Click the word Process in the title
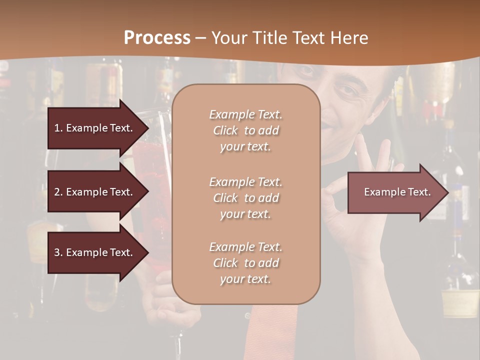[x=157, y=38]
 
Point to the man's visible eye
[x=346, y=90]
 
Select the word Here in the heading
[x=349, y=38]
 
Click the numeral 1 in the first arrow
[x=57, y=128]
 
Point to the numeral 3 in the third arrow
[x=57, y=252]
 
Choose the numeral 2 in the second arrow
[x=57, y=192]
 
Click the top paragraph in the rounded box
[x=245, y=130]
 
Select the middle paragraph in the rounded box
[x=245, y=198]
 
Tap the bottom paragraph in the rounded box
[x=245, y=263]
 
